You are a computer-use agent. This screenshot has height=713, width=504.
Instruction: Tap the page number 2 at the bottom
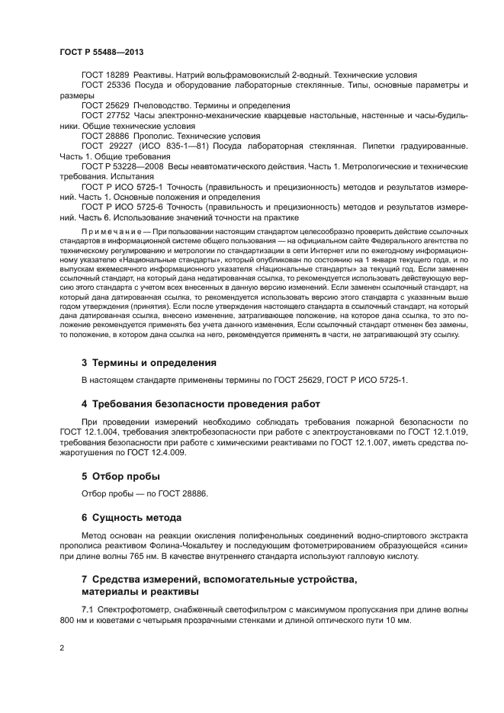click(x=62, y=647)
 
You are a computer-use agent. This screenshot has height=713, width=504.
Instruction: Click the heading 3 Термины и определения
click(x=149, y=363)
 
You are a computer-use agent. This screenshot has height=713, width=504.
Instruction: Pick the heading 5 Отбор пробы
click(x=120, y=477)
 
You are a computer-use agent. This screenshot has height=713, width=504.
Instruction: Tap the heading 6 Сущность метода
click(x=134, y=516)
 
